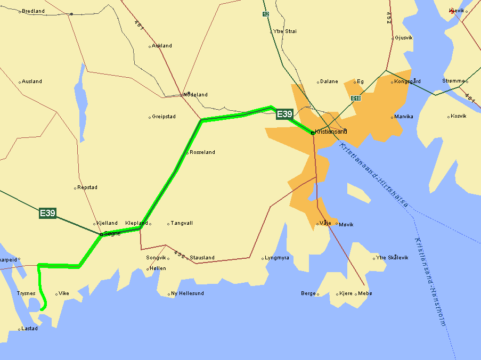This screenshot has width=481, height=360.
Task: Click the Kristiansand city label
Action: tap(331, 132)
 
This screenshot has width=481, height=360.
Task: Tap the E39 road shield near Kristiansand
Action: tap(284, 113)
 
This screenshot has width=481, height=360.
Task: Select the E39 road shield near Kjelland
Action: tap(47, 213)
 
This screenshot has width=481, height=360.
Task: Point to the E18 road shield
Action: tap(356, 99)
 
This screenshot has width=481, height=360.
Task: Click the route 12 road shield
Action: tap(266, 14)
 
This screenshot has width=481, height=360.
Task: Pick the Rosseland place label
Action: tap(202, 152)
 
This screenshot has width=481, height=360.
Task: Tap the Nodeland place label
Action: tap(195, 95)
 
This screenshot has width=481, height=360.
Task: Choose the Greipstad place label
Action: tap(164, 117)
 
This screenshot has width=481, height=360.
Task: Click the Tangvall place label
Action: tap(182, 223)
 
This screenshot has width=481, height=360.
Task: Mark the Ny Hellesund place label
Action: tap(187, 293)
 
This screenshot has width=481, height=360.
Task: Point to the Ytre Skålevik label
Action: tap(392, 258)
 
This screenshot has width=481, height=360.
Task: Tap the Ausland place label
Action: tap(32, 81)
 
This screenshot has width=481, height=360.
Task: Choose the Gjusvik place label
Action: tap(403, 38)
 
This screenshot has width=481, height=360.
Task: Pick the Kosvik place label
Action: tap(458, 116)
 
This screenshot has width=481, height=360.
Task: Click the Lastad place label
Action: tap(29, 329)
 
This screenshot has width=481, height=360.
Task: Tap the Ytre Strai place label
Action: tap(284, 31)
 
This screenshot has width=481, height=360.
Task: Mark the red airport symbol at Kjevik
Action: tap(452, 10)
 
